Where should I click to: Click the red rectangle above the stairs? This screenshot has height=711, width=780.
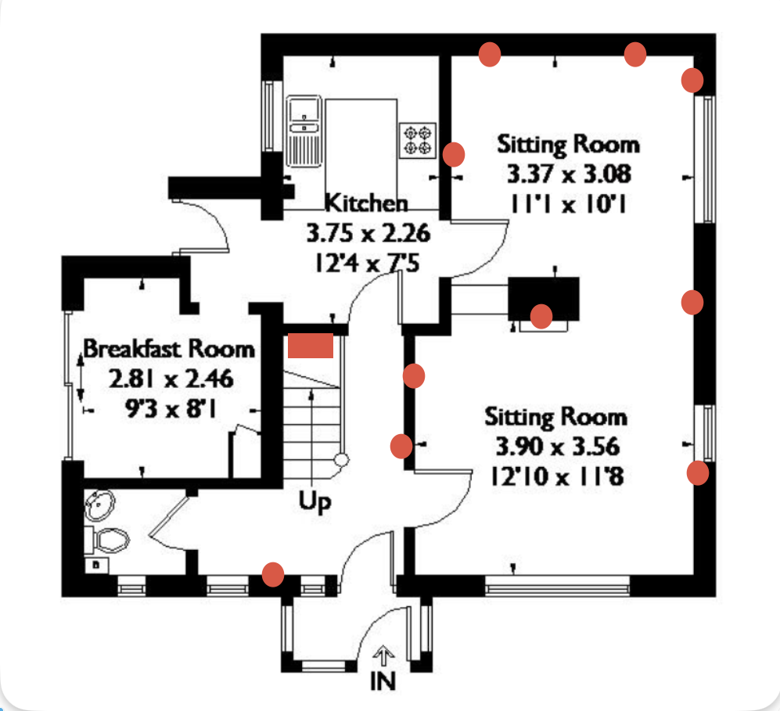point(311,346)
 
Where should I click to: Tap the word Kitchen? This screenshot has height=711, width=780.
point(366,203)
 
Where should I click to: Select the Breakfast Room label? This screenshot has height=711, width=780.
point(169,349)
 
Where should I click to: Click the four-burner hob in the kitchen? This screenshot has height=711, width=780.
point(417,141)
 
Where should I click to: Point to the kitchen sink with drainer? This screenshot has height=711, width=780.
point(304,131)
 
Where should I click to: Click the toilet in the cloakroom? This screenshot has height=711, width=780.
point(107,540)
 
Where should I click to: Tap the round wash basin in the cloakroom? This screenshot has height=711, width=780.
point(100,505)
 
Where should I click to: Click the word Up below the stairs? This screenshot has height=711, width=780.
point(315,501)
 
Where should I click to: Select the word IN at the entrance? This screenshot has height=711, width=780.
point(383,681)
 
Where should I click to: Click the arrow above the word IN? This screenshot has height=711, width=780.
point(383,656)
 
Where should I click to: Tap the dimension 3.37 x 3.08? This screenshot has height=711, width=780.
point(569,174)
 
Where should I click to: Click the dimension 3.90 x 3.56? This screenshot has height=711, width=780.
point(558,446)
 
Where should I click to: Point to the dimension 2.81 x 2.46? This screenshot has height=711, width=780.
point(171,379)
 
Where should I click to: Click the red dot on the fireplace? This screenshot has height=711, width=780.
point(541,317)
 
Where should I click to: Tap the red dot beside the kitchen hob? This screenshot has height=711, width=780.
point(454,155)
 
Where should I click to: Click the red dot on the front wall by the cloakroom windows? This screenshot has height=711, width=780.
point(272,574)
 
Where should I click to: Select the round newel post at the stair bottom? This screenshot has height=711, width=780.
point(341,460)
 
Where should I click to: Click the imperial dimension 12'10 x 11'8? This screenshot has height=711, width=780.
point(557,476)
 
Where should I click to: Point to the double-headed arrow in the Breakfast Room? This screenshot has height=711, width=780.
point(81,378)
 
